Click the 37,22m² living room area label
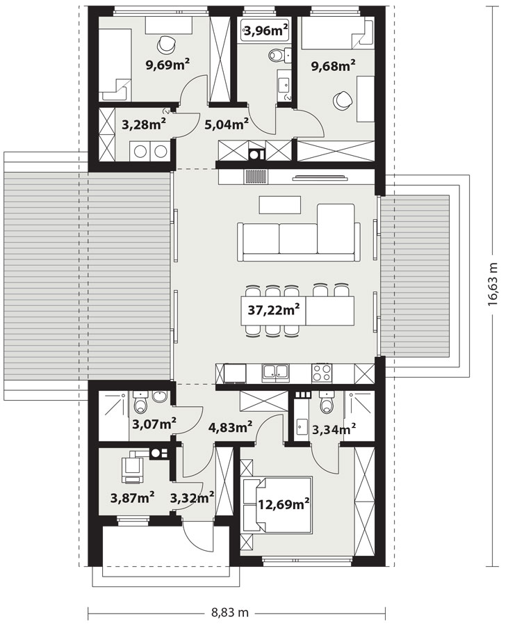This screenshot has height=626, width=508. tap(274, 310)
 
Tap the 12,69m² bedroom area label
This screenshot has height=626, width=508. tap(284, 504)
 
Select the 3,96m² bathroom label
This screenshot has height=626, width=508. tap(266, 30)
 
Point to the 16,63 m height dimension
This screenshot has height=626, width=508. tap(493, 284)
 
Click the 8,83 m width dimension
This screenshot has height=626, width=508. tap(229, 611)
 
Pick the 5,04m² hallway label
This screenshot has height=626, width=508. tap(227, 124)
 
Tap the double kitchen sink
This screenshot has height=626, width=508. tap(275, 373)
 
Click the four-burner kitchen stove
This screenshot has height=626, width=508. tap(321, 373)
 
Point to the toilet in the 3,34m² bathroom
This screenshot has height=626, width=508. tap(327, 402)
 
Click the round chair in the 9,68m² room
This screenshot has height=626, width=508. tap(342, 99)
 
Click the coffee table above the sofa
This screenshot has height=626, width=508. tap(279, 204)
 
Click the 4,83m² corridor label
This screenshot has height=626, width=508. tap(231, 428)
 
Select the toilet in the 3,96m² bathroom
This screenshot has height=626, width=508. tap(275, 55)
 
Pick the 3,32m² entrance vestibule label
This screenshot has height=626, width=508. tap(192, 497)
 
